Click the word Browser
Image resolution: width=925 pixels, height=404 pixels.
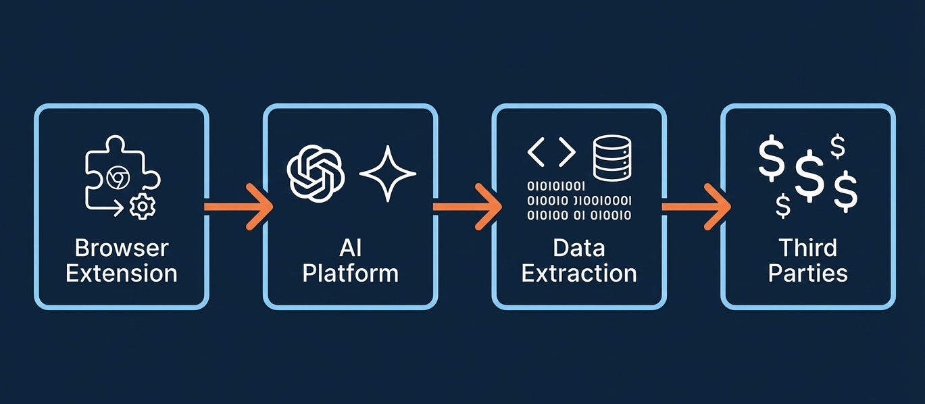[x=122, y=248]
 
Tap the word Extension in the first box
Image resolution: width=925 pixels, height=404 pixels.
[x=122, y=274]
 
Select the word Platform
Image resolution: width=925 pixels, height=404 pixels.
[x=350, y=274]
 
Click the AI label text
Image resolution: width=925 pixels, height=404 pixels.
[x=350, y=248]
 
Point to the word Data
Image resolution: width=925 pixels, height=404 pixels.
[x=579, y=248]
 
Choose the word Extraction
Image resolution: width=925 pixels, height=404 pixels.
[x=579, y=274]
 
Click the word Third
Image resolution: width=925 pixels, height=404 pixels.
[x=807, y=248]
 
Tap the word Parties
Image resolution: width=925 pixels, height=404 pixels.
[x=807, y=274]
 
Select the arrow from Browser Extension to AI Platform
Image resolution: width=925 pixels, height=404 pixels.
[x=239, y=207]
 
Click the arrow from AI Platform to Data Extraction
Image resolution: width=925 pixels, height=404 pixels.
[x=468, y=207]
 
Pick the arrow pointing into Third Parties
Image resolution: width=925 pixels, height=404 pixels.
[x=696, y=207]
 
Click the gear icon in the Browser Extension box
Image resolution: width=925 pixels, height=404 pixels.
[x=143, y=206]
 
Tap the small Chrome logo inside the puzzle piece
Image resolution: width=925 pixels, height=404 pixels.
[x=118, y=178]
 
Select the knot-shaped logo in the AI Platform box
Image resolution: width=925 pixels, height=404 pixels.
[x=316, y=173]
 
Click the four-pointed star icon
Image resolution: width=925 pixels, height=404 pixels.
[x=387, y=174]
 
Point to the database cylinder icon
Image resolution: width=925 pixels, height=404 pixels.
[x=612, y=158]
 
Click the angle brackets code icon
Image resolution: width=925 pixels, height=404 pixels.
[x=551, y=152]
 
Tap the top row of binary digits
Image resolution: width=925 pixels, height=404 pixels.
[x=556, y=186]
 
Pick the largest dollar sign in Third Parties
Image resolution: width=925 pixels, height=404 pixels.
[x=809, y=176]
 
